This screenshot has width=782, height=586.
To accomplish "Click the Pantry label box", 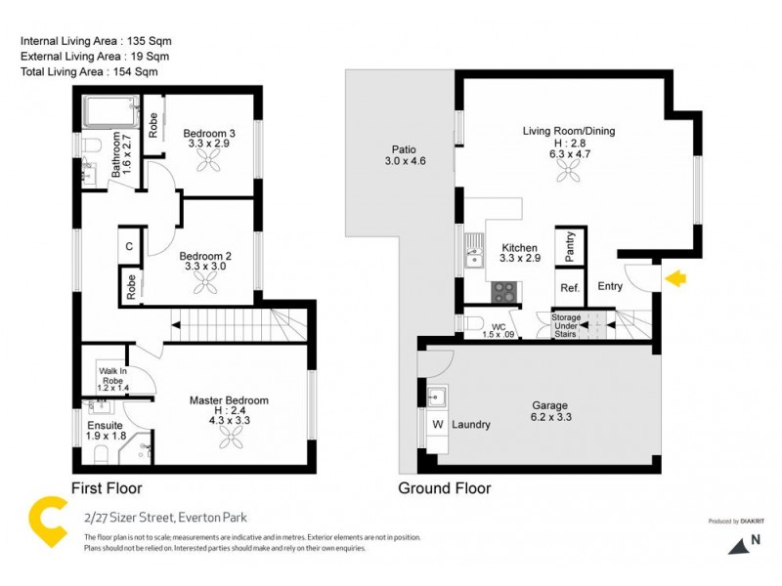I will click(x=570, y=247).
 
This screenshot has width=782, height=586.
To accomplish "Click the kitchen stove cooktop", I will click(x=503, y=291).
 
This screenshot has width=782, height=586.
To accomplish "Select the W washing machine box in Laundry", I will click(x=437, y=425).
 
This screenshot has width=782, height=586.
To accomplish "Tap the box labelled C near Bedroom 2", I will click(x=129, y=246).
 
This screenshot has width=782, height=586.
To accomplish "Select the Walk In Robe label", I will click(x=111, y=376).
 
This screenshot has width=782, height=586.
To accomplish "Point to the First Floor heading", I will click(x=107, y=488).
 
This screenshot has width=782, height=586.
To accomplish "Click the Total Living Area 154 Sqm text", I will click(x=89, y=72).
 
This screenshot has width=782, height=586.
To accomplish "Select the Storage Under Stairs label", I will click(x=566, y=325).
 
